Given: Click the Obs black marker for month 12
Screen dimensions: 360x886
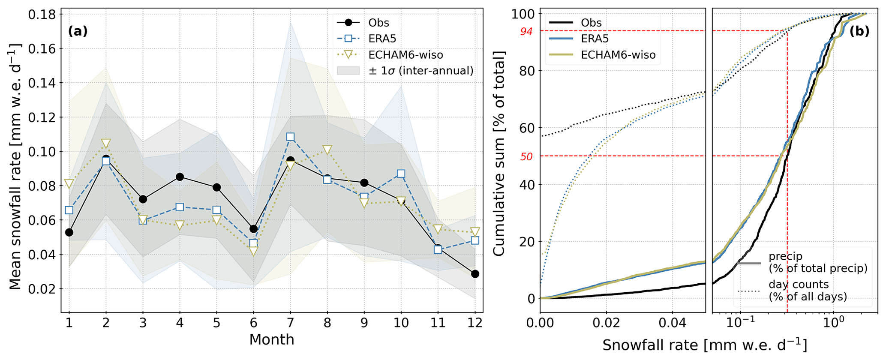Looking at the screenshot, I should tap(475, 274).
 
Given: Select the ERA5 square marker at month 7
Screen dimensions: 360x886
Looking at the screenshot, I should tap(290, 137).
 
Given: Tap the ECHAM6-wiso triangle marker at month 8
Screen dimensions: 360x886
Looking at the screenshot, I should tap(327, 150).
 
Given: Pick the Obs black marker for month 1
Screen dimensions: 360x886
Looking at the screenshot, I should tap(69, 232).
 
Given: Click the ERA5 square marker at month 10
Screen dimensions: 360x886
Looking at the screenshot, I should tap(401, 174).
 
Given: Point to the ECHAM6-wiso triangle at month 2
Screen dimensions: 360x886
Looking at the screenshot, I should tap(106, 143).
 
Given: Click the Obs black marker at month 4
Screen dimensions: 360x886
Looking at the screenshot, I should tap(180, 177).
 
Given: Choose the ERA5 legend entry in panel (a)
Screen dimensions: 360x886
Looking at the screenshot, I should tap(382, 39).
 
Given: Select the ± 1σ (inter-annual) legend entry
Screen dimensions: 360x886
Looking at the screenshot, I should tap(420, 71).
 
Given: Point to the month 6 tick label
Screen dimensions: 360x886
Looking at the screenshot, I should tap(253, 322).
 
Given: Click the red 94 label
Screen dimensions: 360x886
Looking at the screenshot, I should tap(526, 31).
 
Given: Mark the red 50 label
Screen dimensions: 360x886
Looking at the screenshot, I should tap(526, 156).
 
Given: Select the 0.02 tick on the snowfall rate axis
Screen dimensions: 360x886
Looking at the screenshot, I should tap(607, 322).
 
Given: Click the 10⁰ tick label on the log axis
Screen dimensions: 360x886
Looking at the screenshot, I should tap(832, 322).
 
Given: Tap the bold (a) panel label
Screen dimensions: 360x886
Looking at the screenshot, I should tap(78, 31).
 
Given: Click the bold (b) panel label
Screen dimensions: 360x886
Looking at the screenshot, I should tap(859, 31).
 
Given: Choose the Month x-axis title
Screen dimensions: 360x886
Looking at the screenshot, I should tap(272, 340).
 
